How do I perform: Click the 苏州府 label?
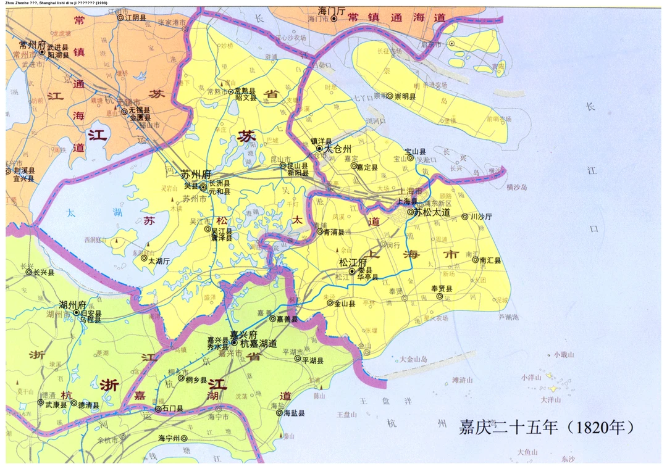tap(196, 174)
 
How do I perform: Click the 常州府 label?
tap(33, 44)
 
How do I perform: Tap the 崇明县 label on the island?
tap(405, 96)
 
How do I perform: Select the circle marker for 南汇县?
tap(475, 260)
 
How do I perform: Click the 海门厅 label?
tap(332, 10)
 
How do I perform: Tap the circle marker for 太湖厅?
tap(144, 259)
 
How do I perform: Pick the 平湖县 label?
tap(312, 359)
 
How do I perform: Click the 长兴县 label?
tap(44, 272)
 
